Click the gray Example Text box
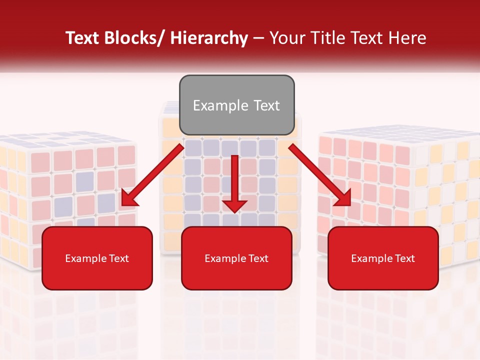tap(236, 105)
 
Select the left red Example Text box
tap(97, 258)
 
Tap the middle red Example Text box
tap(236, 258)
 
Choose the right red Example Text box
tap(383, 258)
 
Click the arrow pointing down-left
tap(152, 175)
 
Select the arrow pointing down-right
tap(320, 175)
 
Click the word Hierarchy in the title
tap(209, 38)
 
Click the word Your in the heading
tap(287, 38)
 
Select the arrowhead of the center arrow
tap(234, 205)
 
